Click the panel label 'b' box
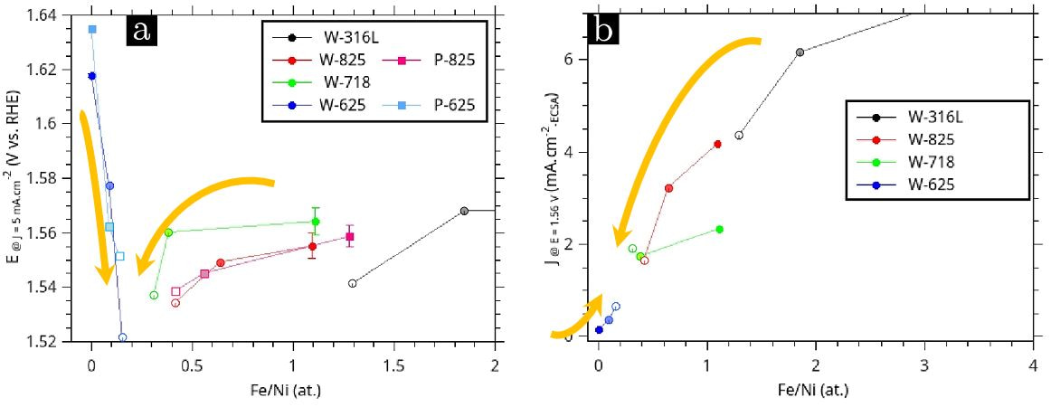[x=603, y=30]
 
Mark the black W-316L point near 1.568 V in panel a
[x=464, y=211]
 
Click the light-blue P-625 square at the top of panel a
[x=92, y=29]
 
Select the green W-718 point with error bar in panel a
[x=316, y=221]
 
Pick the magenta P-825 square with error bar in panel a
[x=350, y=237]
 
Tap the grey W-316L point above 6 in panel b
[x=800, y=52]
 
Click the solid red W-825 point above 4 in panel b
[x=717, y=144]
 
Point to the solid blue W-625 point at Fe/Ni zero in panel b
[x=599, y=330]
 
